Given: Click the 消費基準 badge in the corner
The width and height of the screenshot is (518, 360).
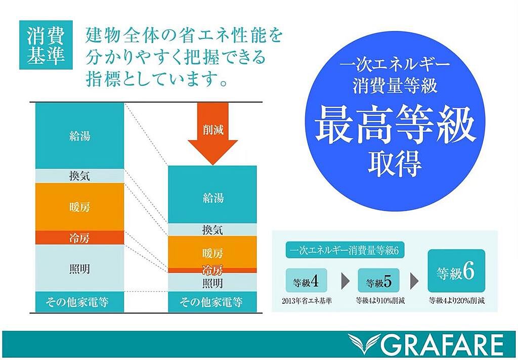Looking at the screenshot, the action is point(46,45).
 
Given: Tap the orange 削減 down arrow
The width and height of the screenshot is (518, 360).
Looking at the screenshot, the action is point(213,134).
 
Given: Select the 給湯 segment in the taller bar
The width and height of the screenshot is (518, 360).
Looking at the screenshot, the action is point(79,136).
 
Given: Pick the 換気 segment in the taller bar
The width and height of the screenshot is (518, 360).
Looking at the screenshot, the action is point(79,176).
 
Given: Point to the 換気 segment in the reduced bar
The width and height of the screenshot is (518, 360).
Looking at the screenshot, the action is point(212,230).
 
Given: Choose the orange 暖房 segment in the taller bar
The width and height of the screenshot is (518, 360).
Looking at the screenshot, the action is point(79,207).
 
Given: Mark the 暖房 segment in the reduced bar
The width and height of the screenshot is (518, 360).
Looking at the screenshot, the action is point(212,252).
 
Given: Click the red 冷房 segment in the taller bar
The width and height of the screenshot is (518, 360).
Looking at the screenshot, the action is point(79,237).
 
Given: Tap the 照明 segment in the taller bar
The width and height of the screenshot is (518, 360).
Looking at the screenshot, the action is point(79,268).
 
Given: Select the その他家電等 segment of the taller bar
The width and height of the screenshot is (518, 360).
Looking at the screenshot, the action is point(79,302).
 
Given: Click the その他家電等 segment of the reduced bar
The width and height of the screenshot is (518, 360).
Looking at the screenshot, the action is point(212,302).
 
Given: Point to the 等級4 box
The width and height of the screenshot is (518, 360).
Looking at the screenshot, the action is point(306,281).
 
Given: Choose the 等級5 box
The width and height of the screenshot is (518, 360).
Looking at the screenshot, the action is point(378,281).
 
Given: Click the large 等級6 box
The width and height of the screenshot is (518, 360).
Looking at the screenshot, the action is point(456,271).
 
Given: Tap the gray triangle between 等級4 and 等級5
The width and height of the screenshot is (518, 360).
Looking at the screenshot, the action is point(345,281).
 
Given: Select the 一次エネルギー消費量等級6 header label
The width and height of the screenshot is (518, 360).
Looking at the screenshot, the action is point(345,251).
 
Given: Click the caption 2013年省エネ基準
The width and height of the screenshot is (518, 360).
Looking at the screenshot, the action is point(307,301).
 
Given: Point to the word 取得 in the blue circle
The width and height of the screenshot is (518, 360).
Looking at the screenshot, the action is point(395,163).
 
